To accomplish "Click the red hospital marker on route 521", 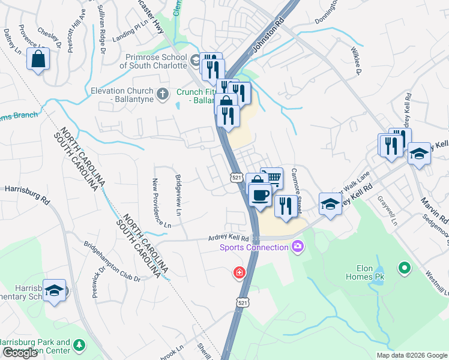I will pyautogui.click(x=240, y=273).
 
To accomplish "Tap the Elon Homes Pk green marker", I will pyautogui.click(x=405, y=267).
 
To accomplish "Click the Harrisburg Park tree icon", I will pyautogui.click(x=79, y=346).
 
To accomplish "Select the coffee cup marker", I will pyautogui.click(x=259, y=196).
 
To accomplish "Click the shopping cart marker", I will pyautogui.click(x=272, y=178).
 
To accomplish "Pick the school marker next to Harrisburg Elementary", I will pyautogui.click(x=55, y=292).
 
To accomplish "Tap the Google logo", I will pyautogui.click(x=20, y=353).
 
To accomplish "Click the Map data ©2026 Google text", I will pyautogui.click(x=411, y=355).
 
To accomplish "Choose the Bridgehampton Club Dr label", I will pyautogui.click(x=112, y=262).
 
